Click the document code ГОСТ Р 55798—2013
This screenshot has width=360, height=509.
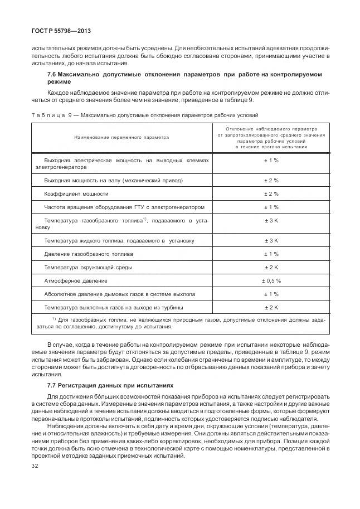[53, 32]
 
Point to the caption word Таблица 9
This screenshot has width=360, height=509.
[47, 116]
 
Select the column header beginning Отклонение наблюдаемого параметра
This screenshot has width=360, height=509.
[271, 128]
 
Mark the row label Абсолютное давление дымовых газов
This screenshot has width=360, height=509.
[119, 294]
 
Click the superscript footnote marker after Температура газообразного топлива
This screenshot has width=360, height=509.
[144, 219]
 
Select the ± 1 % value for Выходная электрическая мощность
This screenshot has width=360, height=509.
[271, 160]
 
